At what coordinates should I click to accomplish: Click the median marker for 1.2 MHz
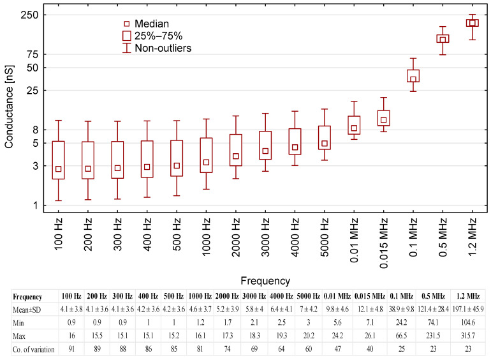coord(473,23)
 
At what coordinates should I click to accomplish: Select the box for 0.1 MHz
coord(413,75)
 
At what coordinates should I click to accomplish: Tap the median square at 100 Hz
coord(58,169)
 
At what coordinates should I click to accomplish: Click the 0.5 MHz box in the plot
coord(443,38)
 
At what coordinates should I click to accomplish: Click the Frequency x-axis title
coord(265,280)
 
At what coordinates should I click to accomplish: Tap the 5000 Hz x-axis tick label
coord(325,236)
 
